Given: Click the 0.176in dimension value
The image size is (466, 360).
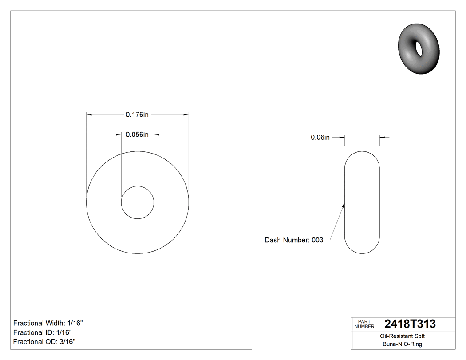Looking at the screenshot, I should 137,115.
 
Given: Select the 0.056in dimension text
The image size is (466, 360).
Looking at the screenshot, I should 137,135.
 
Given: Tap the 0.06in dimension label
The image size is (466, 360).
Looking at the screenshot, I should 320,138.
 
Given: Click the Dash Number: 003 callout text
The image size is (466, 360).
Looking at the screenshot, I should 294,240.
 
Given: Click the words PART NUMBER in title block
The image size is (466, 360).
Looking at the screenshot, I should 364,324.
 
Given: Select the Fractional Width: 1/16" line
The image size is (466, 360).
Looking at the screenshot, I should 48,324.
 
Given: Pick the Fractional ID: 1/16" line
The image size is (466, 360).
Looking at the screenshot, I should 43,332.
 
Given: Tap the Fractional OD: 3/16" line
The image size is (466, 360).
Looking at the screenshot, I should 44,342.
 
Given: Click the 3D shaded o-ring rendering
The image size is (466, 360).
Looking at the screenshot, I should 419,49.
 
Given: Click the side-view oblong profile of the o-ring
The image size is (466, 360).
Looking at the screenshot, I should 362,202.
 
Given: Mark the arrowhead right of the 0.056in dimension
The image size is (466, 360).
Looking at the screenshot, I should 157,135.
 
